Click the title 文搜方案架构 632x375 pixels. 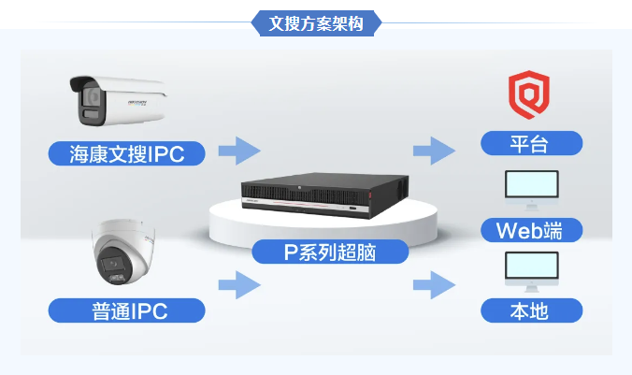click(315, 23)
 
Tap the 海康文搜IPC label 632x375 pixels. click(125, 153)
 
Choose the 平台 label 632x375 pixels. click(531, 143)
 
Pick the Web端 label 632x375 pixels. click(531, 229)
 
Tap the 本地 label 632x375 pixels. click(531, 310)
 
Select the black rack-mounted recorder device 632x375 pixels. click(309, 194)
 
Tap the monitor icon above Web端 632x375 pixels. click(531, 186)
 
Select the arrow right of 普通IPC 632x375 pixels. click(238, 284)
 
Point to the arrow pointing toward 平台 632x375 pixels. click(435, 150)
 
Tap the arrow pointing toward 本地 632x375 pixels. click(435, 284)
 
